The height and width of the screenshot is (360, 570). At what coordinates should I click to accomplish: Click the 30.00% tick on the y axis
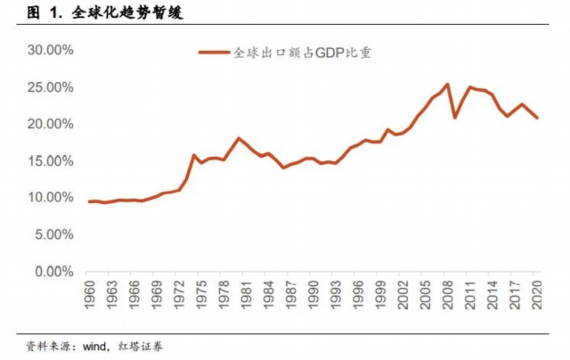pyautogui.click(x=50, y=51)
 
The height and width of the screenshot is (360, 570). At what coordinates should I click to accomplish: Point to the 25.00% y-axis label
pyautogui.click(x=50, y=87)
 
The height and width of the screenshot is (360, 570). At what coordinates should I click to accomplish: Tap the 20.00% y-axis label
pyautogui.click(x=50, y=125)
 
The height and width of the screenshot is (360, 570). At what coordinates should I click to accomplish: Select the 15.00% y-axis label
pyautogui.click(x=50, y=161)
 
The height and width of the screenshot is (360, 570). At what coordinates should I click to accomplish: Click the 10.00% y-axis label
pyautogui.click(x=50, y=198)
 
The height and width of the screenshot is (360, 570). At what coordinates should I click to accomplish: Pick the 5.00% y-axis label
pyautogui.click(x=53, y=235)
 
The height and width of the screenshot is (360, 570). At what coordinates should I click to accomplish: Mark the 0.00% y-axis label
pyautogui.click(x=53, y=272)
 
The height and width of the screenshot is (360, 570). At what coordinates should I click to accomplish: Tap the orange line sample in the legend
pyautogui.click(x=213, y=53)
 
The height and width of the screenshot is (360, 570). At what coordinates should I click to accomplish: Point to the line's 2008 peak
pyautogui.click(x=446, y=85)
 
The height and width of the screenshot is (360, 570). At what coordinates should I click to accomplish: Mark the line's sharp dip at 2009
pyautogui.click(x=454, y=117)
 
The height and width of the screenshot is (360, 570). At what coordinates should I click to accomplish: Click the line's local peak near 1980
pyautogui.click(x=239, y=138)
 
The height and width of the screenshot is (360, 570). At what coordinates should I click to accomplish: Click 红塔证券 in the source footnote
pyautogui.click(x=143, y=345)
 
